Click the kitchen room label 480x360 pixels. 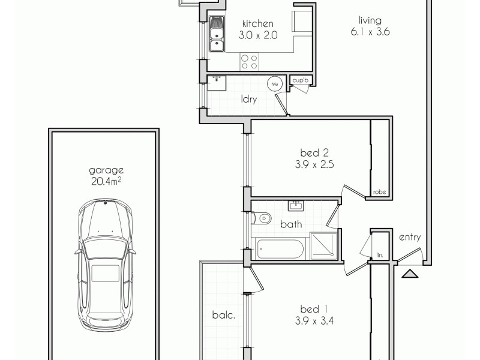(x=258, y=23)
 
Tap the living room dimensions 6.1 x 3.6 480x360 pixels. (x=371, y=33)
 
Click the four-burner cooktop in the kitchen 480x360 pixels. (x=250, y=61)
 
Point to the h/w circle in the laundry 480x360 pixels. (x=275, y=85)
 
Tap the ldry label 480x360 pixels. (x=249, y=100)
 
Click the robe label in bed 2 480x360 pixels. (x=379, y=192)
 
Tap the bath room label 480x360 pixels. (x=291, y=224)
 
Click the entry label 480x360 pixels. (x=409, y=237)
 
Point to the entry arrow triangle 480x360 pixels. (x=410, y=274)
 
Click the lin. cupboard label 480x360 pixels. (x=379, y=255)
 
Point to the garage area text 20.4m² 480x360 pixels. (x=105, y=180)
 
